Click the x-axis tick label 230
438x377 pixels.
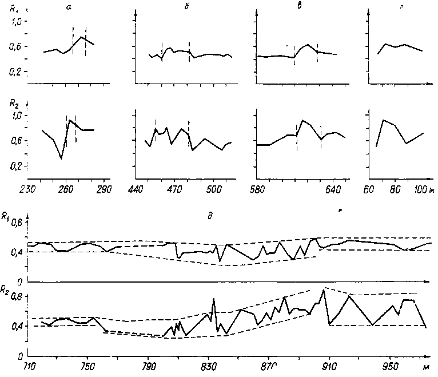[27, 189]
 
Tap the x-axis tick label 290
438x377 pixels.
[103, 189]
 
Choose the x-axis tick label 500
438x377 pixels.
[212, 189]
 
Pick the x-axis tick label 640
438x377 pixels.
[333, 189]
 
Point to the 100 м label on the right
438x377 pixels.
[421, 189]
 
